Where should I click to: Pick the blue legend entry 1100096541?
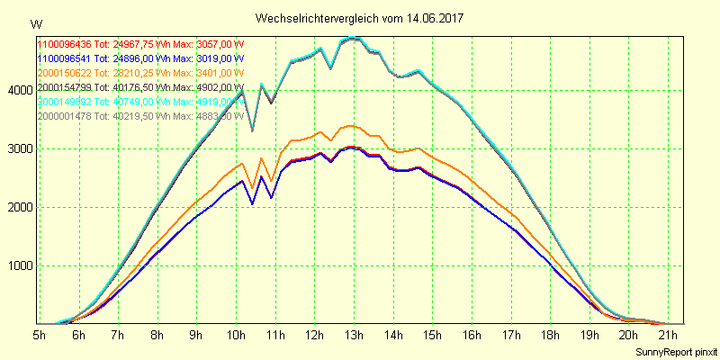[x=65, y=58]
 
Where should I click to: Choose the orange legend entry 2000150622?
[x=65, y=73]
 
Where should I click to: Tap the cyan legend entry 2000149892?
[x=65, y=102]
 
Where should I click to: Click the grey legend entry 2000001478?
[x=65, y=116]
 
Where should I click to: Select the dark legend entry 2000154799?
[x=65, y=87]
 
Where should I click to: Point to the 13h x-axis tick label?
[x=354, y=336]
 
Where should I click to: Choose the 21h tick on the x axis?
[x=668, y=336]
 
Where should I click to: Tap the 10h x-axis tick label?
[x=236, y=336]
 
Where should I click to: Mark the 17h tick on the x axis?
[x=510, y=336]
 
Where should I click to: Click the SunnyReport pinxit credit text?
[x=676, y=351]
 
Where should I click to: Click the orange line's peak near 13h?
[x=352, y=126]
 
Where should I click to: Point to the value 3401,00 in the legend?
[x=200, y=73]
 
